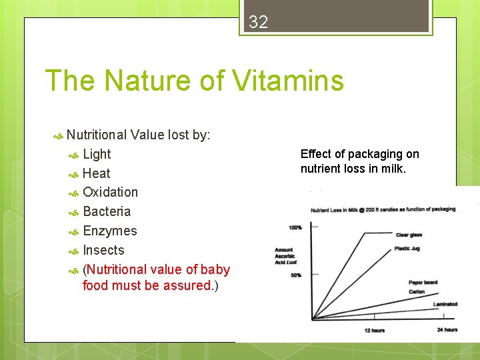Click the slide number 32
[x=258, y=22]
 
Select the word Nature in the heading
[x=145, y=81]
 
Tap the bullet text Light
[x=97, y=154]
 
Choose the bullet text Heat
[x=97, y=173]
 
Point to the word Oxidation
[x=110, y=192]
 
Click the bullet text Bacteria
[x=107, y=211]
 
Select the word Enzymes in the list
[x=109, y=231]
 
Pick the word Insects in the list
[x=103, y=250]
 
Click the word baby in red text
[x=215, y=269]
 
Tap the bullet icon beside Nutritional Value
[x=57, y=135]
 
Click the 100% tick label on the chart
[x=295, y=227]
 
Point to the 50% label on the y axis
[x=296, y=275]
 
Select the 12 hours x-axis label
[x=375, y=330]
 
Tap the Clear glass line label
[x=409, y=235]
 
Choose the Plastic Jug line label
[x=407, y=248]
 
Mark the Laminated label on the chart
[x=445, y=304]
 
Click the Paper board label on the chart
[x=423, y=283]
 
